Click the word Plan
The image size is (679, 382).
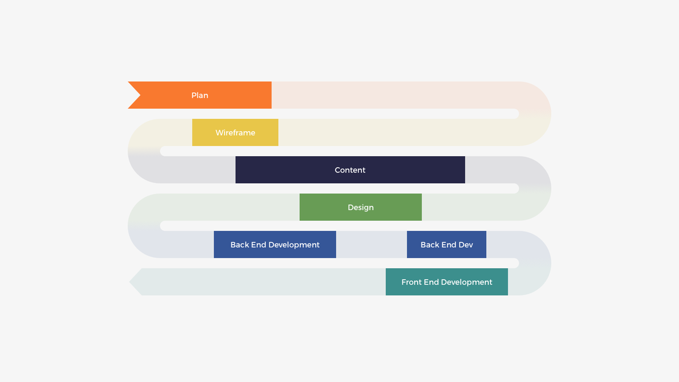point(200,95)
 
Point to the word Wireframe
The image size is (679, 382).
point(235,132)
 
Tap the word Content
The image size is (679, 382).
point(350,170)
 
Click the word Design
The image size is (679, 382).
point(360,207)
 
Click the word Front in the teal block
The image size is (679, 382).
point(411,282)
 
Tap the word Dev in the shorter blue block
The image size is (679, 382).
point(466,244)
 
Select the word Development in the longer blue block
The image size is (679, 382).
point(294,244)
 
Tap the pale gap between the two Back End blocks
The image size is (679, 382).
point(371,244)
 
